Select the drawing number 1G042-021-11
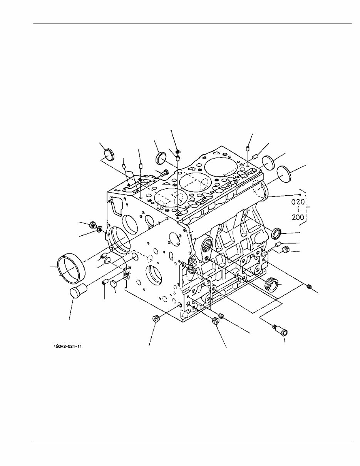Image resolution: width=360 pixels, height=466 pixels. click(69, 346)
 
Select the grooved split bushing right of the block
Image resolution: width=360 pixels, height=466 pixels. click(273, 284)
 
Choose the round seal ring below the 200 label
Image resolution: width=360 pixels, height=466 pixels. click(277, 233)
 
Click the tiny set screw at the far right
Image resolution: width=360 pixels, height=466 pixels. click(308, 286)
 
